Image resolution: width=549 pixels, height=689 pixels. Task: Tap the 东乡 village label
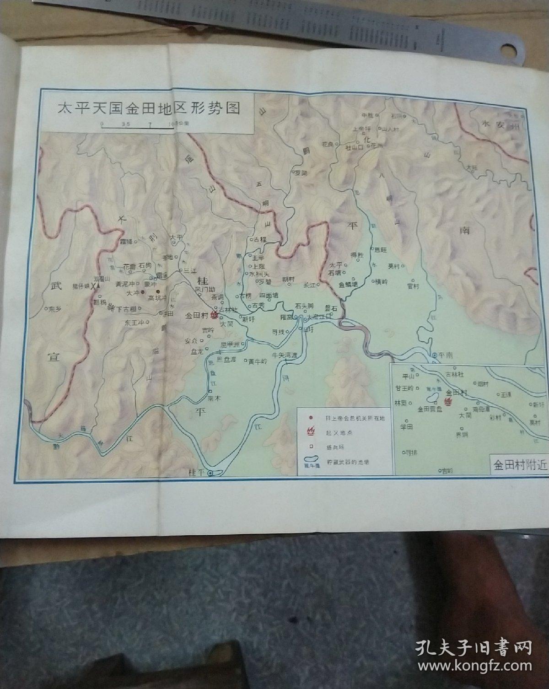click(x=54, y=308)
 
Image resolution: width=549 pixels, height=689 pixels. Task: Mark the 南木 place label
click(x=214, y=398)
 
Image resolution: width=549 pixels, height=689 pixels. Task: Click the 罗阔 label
click(x=300, y=173)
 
